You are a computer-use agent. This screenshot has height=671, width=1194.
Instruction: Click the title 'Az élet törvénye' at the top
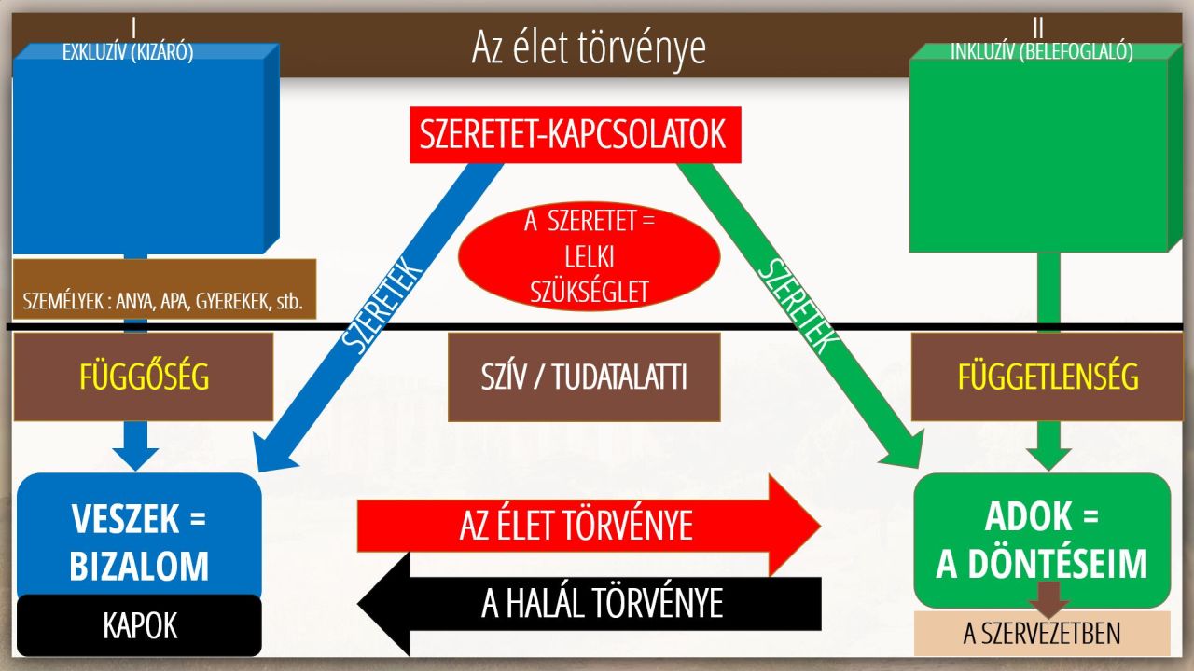pyautogui.click(x=589, y=48)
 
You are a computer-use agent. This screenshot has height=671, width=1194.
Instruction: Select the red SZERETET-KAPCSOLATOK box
pyautogui.click(x=576, y=135)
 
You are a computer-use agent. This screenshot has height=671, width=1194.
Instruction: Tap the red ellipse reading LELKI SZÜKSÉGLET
pyautogui.click(x=589, y=256)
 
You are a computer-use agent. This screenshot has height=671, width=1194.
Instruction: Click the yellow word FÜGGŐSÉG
pyautogui.click(x=145, y=377)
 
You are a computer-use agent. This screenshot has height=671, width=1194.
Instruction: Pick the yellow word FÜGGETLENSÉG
pyautogui.click(x=1048, y=377)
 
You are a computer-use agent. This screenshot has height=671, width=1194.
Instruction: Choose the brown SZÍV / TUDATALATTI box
pyautogui.click(x=584, y=377)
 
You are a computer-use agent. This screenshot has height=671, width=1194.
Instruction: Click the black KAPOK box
pyautogui.click(x=140, y=625)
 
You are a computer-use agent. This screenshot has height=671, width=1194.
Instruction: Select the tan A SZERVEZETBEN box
pyautogui.click(x=1042, y=633)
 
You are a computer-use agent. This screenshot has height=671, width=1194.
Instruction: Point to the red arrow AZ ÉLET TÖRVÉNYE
pyautogui.click(x=589, y=526)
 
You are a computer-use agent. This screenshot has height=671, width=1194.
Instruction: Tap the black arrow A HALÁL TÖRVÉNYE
pyautogui.click(x=589, y=604)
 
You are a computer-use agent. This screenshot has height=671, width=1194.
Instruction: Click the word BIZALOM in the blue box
pyautogui.click(x=139, y=566)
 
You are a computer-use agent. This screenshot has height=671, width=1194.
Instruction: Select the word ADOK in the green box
pyautogui.click(x=1028, y=516)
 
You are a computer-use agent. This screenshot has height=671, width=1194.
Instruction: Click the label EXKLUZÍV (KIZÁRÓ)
pyautogui.click(x=128, y=52)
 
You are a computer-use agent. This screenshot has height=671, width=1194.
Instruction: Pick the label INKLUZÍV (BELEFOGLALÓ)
pyautogui.click(x=1042, y=51)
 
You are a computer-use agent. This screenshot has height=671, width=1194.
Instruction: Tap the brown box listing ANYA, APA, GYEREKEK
pyautogui.click(x=165, y=289)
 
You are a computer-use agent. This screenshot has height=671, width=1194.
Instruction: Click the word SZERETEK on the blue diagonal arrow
pyautogui.click(x=382, y=305)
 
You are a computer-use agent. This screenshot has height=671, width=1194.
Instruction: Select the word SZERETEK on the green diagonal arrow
pyautogui.click(x=797, y=305)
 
